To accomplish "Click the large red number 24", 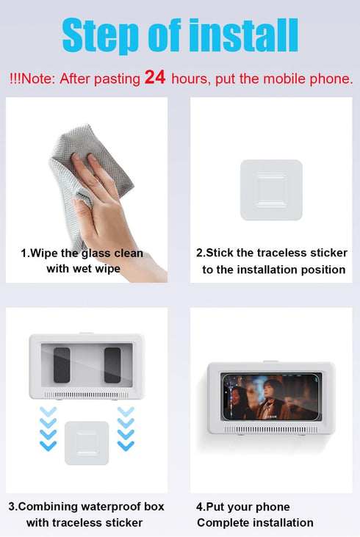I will point(154,76).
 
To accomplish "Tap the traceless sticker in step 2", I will point(271,190).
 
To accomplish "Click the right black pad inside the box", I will point(112,364).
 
